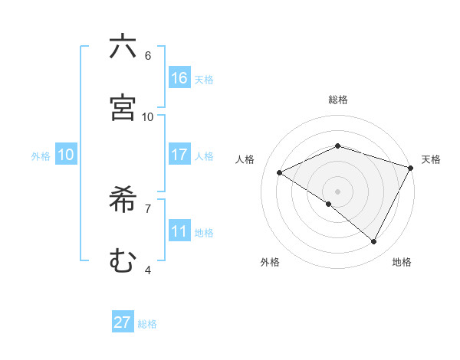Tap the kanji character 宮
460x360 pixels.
point(123,107)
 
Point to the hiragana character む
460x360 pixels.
point(123,260)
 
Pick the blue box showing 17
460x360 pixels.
point(179,155)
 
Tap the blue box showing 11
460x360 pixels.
point(179,231)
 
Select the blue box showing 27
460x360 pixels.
point(123,322)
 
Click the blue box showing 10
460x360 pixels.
point(65,155)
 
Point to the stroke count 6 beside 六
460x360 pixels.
point(147,55)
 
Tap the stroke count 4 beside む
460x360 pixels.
point(147,270)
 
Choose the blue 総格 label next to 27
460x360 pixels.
point(147,324)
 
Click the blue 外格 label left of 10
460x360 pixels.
point(41,156)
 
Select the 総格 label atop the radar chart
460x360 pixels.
point(338,100)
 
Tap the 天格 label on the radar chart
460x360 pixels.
point(431,159)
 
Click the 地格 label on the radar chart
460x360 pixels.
point(402,262)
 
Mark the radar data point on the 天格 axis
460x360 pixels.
point(412,167)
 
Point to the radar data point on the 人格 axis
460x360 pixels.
point(280,172)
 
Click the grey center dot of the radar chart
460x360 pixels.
point(338,191)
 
